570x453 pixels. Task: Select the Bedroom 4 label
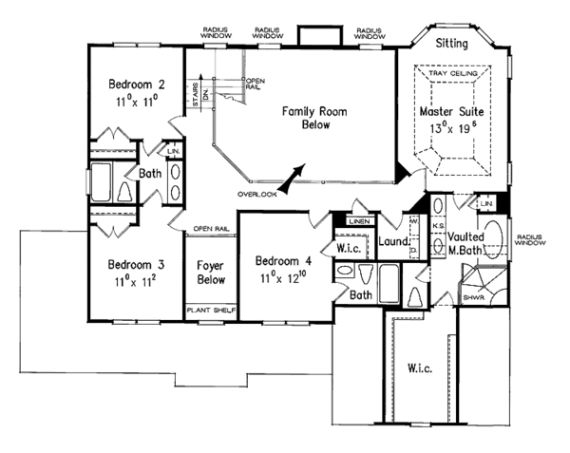(x=281, y=258)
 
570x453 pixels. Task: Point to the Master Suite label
(x=451, y=112)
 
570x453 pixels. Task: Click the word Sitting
(x=452, y=44)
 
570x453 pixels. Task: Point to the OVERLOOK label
(x=257, y=194)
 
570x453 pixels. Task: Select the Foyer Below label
(x=209, y=273)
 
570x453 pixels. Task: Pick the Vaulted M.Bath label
(x=467, y=241)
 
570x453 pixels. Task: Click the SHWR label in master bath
(x=473, y=294)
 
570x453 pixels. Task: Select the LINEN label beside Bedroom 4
(x=358, y=221)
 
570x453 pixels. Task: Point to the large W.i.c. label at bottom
(x=420, y=367)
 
